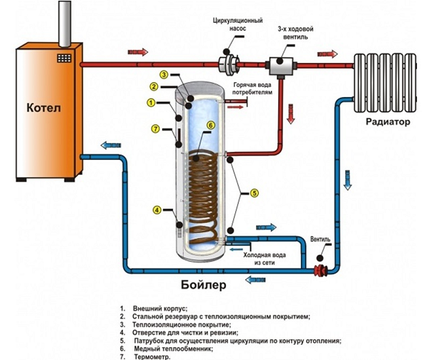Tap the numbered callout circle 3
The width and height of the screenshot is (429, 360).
[164, 75]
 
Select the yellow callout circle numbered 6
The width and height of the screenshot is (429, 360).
[210, 125]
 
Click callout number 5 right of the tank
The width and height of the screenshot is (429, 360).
[256, 191]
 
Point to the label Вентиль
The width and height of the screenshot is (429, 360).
[325, 239]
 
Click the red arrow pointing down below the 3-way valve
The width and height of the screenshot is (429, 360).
[291, 112]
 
